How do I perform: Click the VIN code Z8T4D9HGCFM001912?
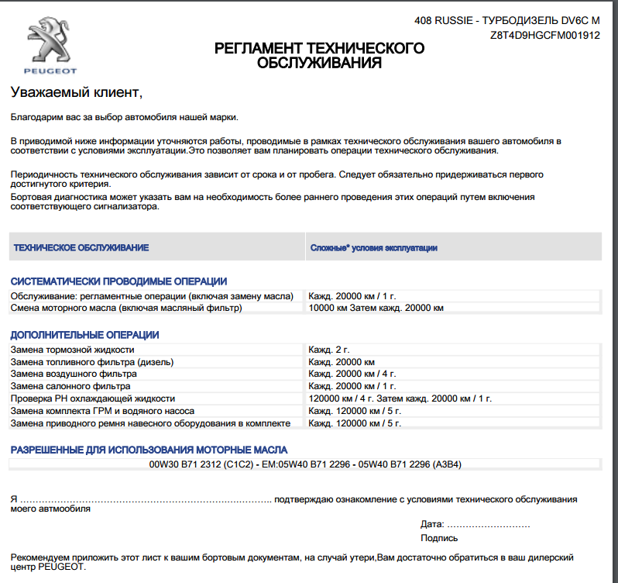[545, 36]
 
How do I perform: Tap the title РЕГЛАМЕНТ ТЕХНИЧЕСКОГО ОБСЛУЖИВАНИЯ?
[319, 56]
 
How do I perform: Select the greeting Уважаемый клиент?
[77, 92]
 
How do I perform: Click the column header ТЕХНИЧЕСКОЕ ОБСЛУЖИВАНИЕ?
[81, 248]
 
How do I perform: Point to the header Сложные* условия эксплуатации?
[374, 248]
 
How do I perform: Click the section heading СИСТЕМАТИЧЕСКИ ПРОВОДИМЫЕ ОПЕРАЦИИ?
[118, 281]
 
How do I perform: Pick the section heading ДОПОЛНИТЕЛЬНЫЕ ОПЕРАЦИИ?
[84, 335]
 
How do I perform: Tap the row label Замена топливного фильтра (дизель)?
[91, 362]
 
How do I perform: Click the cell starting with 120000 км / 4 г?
[400, 398]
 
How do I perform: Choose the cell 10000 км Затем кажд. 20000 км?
[376, 309]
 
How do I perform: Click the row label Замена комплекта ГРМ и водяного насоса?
[102, 411]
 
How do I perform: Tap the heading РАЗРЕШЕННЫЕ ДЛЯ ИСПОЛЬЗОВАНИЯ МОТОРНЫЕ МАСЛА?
[149, 450]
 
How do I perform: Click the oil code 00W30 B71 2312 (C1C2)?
[201, 464]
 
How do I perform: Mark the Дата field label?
[432, 524]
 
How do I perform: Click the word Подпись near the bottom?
[439, 538]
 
